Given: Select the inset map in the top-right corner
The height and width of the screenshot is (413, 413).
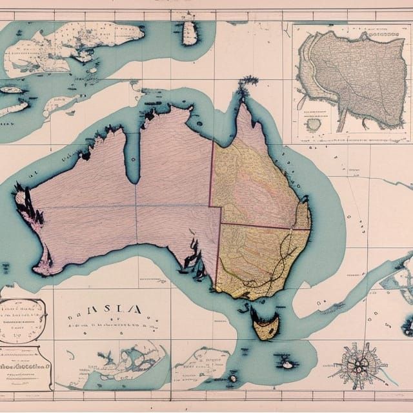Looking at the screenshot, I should coord(351,82).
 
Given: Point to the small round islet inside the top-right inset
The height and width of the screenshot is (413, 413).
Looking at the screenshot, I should coord(314,125).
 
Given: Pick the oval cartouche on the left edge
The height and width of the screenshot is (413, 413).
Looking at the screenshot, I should coord(22,320).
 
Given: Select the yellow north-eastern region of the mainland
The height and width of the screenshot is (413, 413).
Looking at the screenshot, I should coord(255,181).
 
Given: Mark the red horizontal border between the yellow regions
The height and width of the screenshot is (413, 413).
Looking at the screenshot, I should coord(265,227).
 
